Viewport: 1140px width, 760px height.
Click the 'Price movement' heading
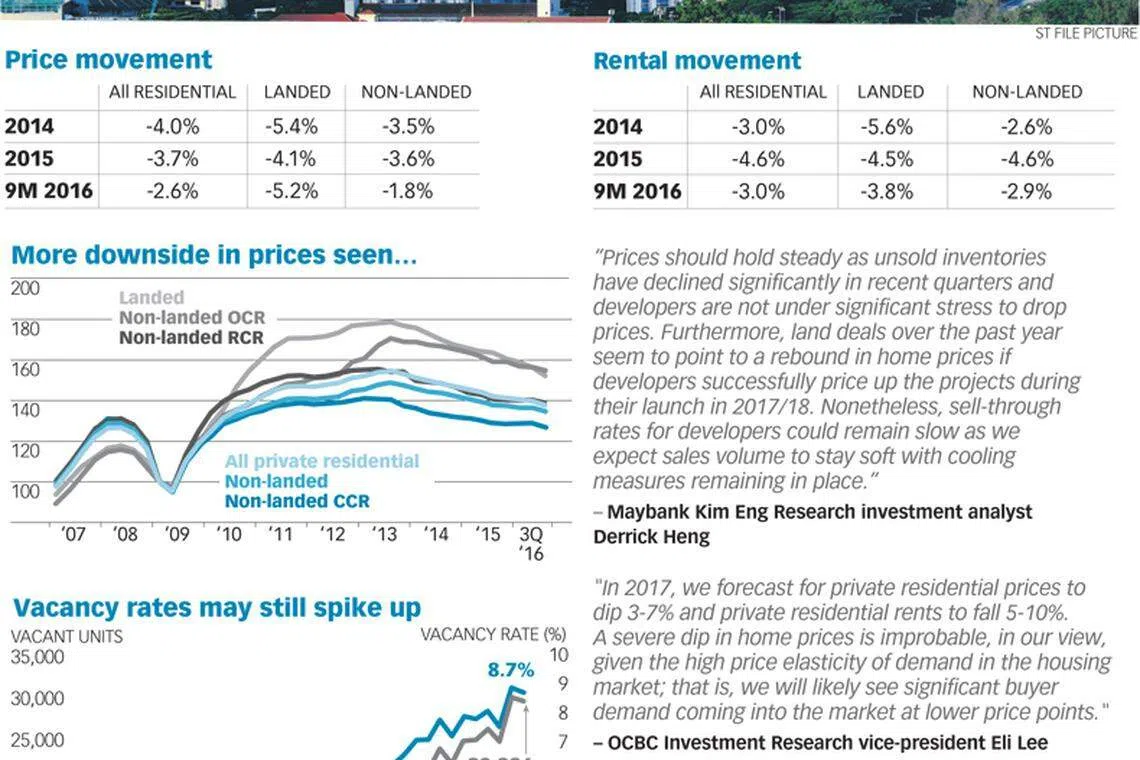click(x=108, y=60)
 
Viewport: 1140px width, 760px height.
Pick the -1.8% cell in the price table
click(x=407, y=191)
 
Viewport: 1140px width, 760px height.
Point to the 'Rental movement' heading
click(x=697, y=61)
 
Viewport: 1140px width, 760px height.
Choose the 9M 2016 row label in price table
click(x=48, y=191)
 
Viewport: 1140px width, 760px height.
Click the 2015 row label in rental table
click(x=617, y=159)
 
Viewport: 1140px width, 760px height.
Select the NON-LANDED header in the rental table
click(x=1027, y=92)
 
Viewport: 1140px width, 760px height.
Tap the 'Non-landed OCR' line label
click(x=192, y=318)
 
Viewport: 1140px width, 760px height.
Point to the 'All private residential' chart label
click(x=322, y=461)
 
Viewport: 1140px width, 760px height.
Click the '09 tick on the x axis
click(x=176, y=535)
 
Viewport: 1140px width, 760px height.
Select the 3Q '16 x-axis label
click(x=531, y=543)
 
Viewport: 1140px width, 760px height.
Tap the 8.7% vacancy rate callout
click(x=511, y=670)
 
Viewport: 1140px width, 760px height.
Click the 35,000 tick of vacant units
click(x=37, y=657)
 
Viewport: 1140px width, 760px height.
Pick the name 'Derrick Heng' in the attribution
click(x=651, y=537)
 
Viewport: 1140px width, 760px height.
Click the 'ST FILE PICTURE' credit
click(x=1086, y=34)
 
